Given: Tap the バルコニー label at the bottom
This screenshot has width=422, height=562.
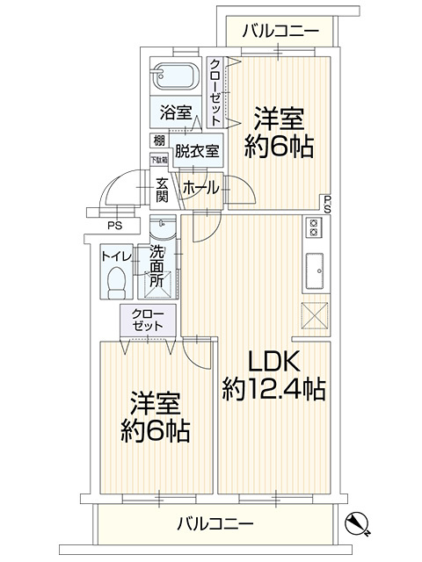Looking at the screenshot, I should click(x=215, y=524).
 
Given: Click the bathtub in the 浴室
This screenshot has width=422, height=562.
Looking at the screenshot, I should click(x=176, y=76).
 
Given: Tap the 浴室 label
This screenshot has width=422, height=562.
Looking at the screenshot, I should click(x=176, y=112).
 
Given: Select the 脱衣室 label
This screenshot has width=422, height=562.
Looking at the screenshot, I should click(x=197, y=150).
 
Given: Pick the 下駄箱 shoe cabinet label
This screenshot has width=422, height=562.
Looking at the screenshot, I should click(x=157, y=159).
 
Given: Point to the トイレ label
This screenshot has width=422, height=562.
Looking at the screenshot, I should click(x=116, y=256).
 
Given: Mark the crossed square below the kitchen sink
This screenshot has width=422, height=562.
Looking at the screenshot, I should click(x=313, y=314).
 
